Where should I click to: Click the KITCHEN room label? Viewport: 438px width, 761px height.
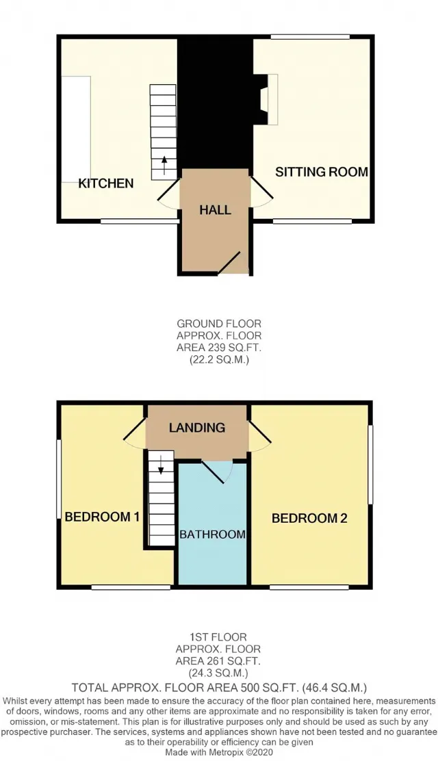(106, 183)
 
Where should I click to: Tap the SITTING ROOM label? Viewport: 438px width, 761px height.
(322, 172)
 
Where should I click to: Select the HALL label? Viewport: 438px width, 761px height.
(215, 210)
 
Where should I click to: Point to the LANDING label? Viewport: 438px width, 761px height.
(197, 428)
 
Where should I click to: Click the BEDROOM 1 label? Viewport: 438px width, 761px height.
(102, 517)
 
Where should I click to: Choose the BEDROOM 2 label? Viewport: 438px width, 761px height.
(309, 518)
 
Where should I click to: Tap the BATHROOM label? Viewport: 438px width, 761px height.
(212, 534)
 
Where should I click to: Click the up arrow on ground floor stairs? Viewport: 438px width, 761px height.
(164, 166)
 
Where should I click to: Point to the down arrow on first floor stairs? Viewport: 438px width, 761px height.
(160, 465)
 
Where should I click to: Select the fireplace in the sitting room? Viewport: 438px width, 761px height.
(269, 99)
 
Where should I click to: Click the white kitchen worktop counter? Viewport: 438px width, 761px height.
(76, 129)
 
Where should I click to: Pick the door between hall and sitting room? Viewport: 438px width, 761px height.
(261, 192)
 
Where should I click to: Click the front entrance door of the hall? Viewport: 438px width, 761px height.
(229, 262)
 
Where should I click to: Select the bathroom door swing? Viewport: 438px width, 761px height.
(218, 472)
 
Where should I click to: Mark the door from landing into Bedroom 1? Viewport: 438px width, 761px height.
(136, 433)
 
